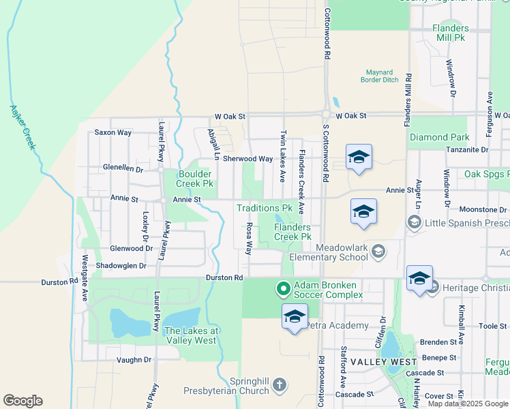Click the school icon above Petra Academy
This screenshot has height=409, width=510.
click(295, 317)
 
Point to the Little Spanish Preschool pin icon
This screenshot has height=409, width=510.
click(413, 222)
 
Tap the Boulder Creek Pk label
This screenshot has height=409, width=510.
click(195, 179)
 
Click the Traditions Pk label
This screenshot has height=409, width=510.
click(264, 208)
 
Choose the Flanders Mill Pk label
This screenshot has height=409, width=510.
click(451, 33)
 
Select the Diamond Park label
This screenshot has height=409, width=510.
click(439, 137)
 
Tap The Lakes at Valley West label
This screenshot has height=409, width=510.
click(192, 335)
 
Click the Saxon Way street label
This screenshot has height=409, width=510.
click(112, 132)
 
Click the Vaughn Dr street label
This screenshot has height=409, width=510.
click(133, 359)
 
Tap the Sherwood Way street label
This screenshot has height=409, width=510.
click(248, 159)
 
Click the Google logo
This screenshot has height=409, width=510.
click(22, 401)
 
